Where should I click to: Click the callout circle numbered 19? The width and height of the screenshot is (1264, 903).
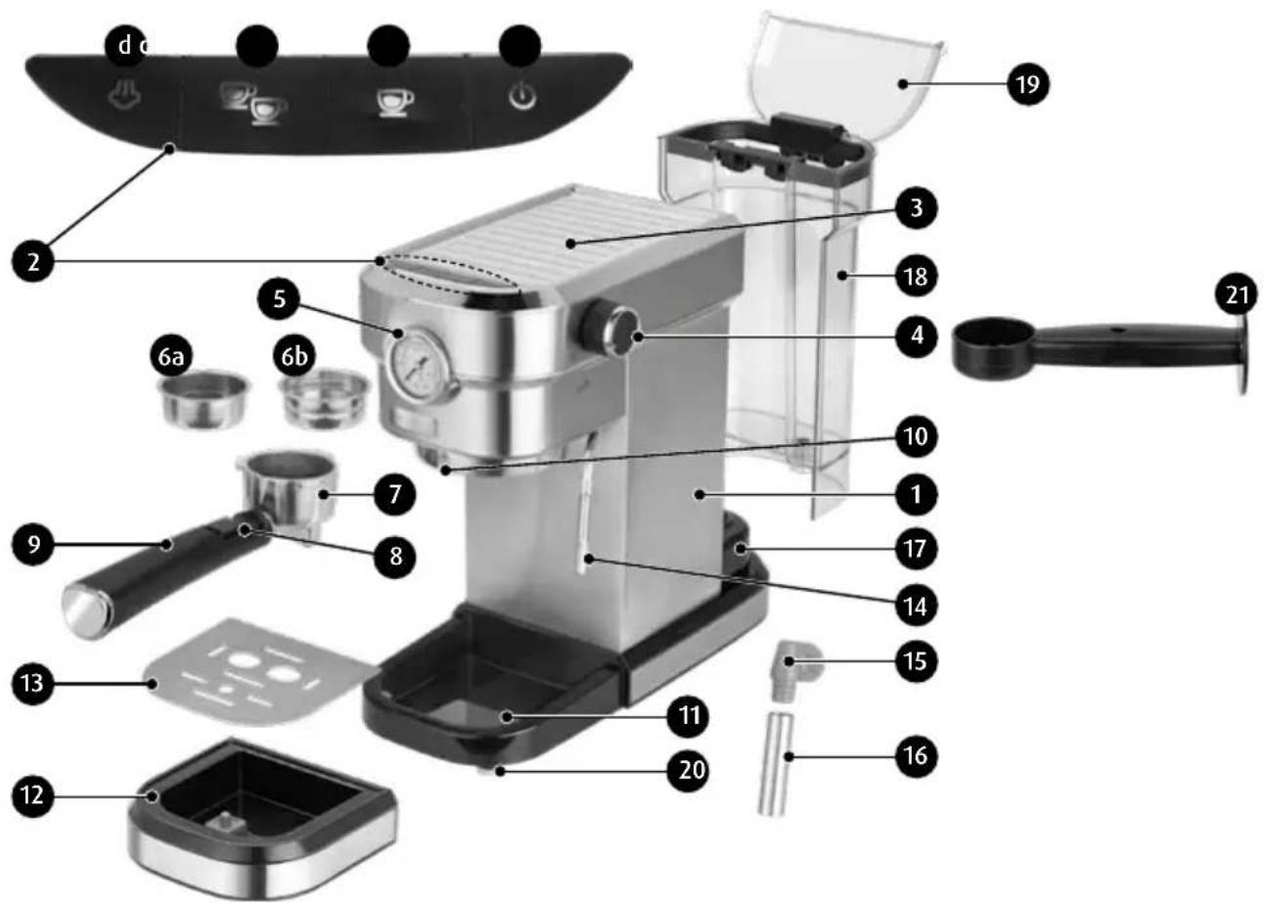1027,85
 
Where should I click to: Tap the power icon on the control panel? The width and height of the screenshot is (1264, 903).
523,96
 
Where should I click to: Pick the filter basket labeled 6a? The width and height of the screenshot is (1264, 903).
204,399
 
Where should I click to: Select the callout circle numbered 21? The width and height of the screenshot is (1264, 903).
1235,293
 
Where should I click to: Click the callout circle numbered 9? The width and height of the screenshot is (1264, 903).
33,544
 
